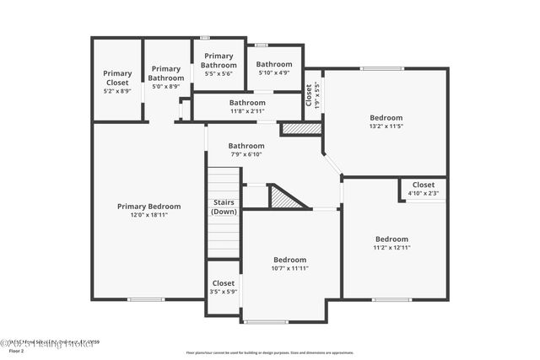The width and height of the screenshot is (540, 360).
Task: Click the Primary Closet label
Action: coord(117,78)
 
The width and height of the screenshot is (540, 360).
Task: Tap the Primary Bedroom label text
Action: coord(148,206)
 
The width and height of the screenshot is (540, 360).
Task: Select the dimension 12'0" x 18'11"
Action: coord(148,215)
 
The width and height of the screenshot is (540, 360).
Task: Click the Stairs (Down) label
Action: coord(224,207)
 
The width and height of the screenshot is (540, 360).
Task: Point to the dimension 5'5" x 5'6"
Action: coord(219,74)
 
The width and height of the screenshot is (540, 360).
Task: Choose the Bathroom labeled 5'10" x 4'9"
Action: coord(274,64)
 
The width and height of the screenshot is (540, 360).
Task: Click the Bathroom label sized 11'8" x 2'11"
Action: coord(247,102)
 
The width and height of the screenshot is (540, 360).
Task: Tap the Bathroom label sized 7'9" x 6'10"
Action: coord(246,145)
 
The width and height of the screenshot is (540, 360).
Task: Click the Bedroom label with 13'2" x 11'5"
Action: coord(386,117)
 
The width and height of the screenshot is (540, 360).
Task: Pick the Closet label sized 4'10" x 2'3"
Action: coord(423,185)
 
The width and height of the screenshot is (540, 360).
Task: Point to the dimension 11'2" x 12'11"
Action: coord(391,248)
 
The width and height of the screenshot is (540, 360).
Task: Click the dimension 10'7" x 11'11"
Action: coord(289,269)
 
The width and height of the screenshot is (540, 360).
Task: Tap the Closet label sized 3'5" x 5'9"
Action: coord(224,283)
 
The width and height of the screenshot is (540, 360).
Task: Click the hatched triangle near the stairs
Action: coord(285,198)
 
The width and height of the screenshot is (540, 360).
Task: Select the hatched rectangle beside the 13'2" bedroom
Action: coord(300,129)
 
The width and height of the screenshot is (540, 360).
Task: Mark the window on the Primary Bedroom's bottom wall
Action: coord(145,299)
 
